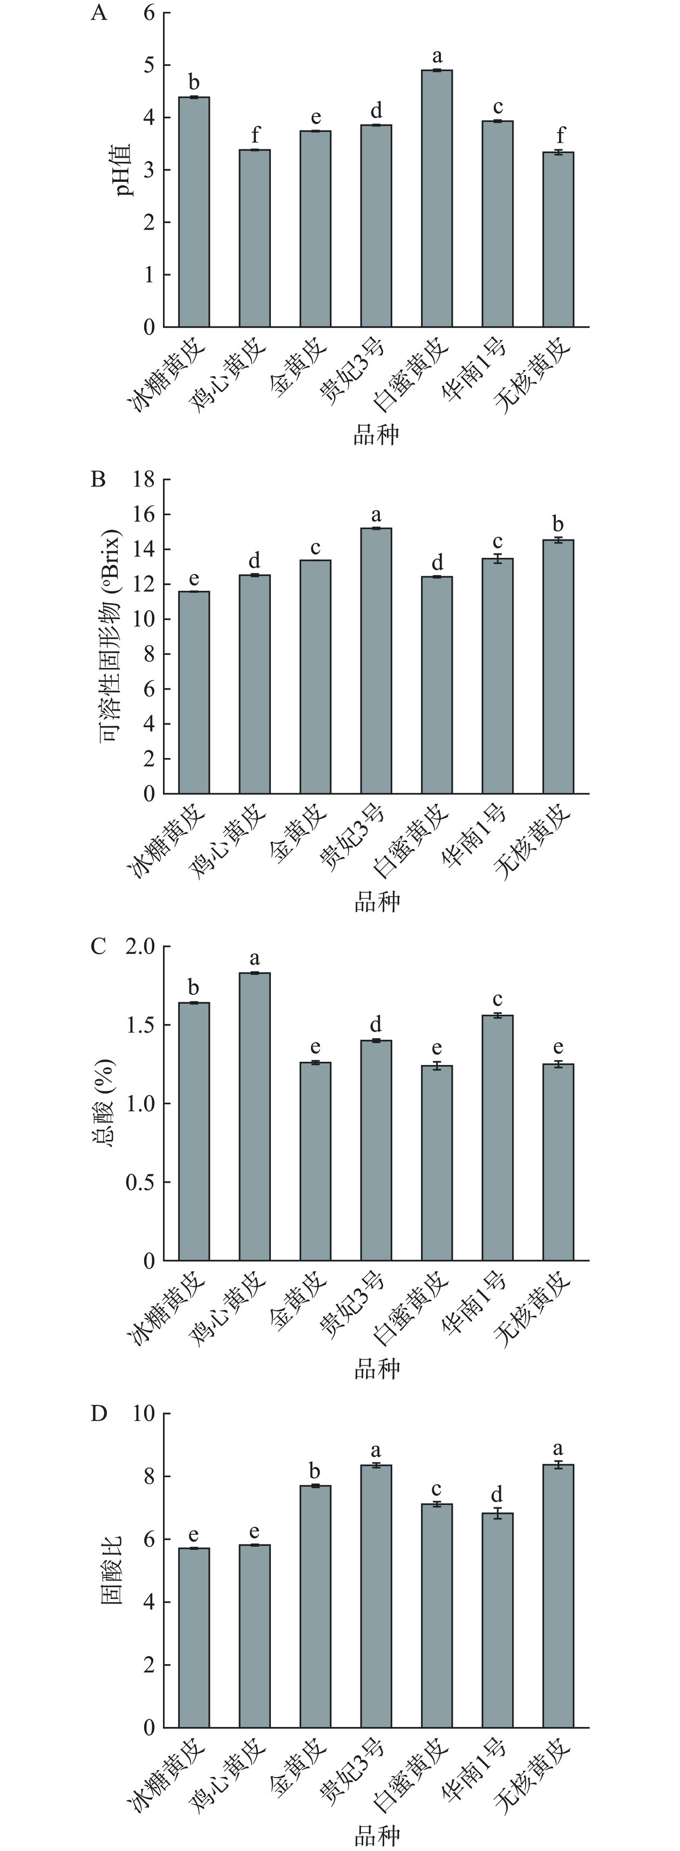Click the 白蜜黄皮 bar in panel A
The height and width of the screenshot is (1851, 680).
point(437,199)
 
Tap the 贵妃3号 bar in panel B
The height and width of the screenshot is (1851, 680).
point(376,661)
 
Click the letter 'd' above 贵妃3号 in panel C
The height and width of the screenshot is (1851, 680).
point(376,1024)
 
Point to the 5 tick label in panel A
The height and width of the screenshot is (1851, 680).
point(149,65)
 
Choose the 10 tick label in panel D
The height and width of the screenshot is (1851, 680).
point(144,1413)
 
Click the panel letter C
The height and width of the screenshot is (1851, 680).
point(98,946)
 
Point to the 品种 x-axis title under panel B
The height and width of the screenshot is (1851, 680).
point(376,902)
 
